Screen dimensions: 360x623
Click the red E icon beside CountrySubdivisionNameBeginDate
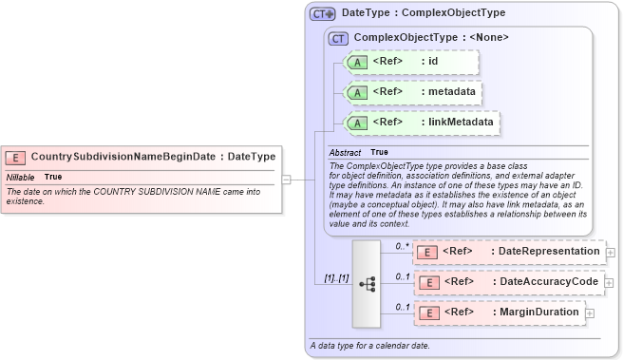(15, 157)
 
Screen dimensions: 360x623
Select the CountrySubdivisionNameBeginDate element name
(123, 157)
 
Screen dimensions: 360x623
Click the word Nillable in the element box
(21, 177)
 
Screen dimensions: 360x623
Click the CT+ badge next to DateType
(323, 14)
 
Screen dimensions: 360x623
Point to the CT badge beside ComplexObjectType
(337, 38)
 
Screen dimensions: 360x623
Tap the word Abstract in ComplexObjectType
(345, 152)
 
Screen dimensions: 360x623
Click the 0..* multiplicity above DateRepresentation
(402, 246)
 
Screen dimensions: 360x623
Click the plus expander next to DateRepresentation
(611, 253)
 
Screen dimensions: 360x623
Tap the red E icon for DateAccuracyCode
(428, 282)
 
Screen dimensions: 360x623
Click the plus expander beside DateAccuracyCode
(608, 283)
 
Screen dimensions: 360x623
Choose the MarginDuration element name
(538, 312)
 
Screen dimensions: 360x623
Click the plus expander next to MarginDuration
(591, 313)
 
